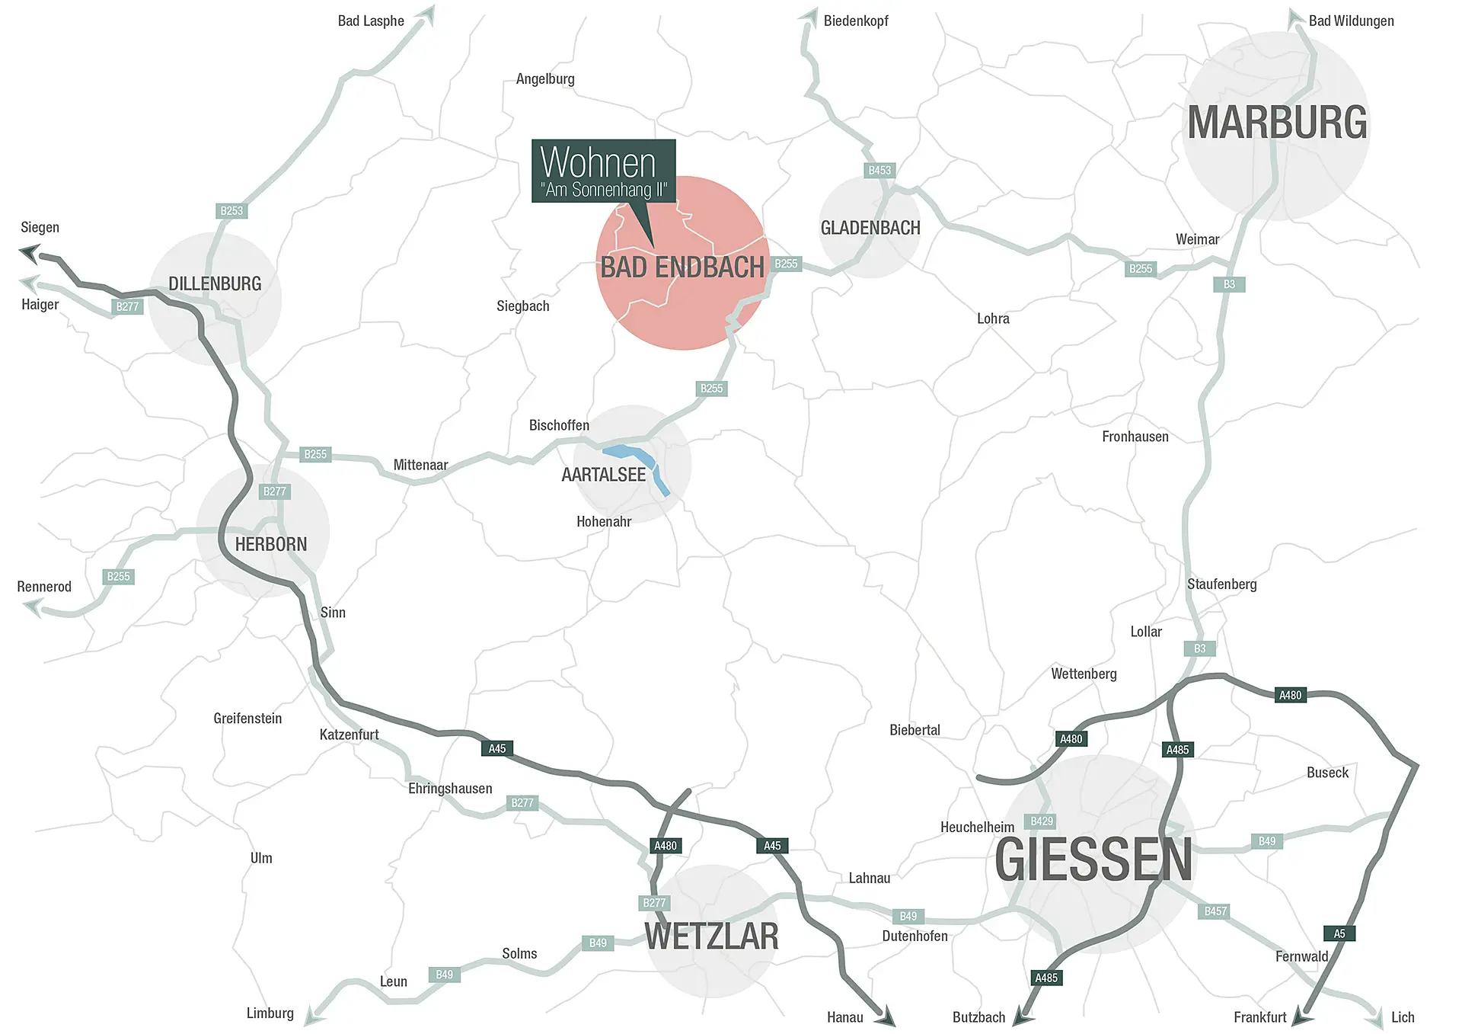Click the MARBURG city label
point(1277,123)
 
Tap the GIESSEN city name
point(1093,860)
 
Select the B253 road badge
point(231,211)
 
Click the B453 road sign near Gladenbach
point(879,171)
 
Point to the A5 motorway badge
point(1339,933)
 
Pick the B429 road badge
point(1042,821)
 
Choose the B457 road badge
point(1215,911)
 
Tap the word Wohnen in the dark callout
point(598,162)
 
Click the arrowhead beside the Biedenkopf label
point(808,18)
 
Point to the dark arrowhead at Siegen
point(30,252)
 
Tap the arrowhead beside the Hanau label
point(886,1017)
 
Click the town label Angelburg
point(545,79)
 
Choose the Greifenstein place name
point(247,719)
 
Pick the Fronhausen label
point(1135,437)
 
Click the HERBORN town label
point(271,544)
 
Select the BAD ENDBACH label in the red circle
point(682,267)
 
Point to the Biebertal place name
point(915,730)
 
